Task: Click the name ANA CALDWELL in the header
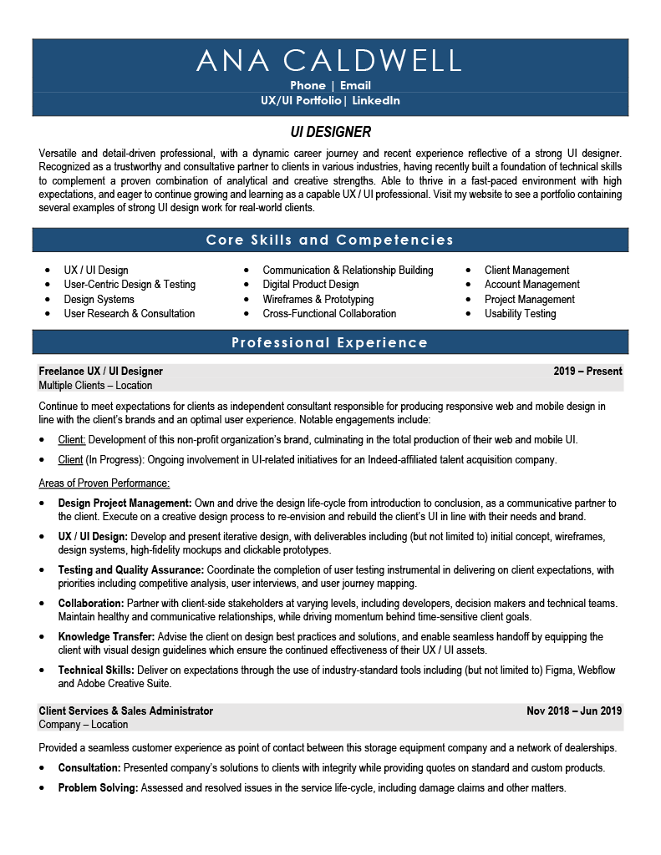(329, 60)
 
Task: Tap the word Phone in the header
(308, 85)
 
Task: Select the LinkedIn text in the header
(376, 101)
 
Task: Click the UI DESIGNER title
(330, 132)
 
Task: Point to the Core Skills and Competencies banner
(330, 240)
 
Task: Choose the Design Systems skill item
(99, 299)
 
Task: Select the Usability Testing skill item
(520, 314)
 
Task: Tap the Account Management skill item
(531, 285)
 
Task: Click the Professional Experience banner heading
(330, 342)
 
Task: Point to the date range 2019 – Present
(587, 372)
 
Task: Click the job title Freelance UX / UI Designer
(100, 372)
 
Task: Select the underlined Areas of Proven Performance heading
(104, 483)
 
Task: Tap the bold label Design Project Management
(125, 503)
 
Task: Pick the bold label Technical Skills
(95, 670)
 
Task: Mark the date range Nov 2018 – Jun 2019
(574, 711)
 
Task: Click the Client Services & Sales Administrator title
(125, 711)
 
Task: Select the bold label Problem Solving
(98, 788)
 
